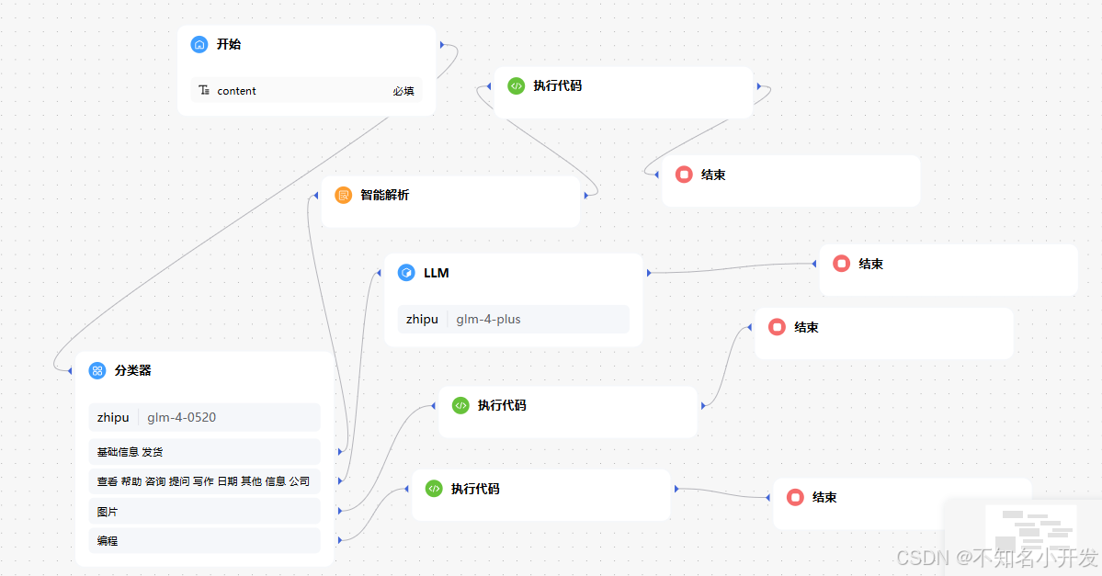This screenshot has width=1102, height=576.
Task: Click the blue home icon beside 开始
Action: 199,44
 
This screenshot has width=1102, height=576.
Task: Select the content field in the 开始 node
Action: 236,91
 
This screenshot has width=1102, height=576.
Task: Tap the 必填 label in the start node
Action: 403,91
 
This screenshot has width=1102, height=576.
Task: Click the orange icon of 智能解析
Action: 343,195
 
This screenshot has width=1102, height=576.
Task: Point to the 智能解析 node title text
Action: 384,195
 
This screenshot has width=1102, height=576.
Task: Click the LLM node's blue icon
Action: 406,273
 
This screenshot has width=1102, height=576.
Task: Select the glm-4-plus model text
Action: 488,320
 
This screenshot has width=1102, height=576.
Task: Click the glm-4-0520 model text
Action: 181,417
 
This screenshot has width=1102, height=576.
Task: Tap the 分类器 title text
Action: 133,370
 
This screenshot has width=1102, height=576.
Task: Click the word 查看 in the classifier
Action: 107,481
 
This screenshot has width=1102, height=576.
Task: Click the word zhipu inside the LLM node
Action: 422,320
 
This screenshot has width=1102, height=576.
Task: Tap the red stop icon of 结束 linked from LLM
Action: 841,264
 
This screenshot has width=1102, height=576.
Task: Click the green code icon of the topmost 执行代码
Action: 516,85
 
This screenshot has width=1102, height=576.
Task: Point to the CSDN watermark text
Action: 997,557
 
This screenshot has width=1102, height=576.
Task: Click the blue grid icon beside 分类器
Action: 97,370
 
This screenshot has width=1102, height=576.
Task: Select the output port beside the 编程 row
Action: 340,540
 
